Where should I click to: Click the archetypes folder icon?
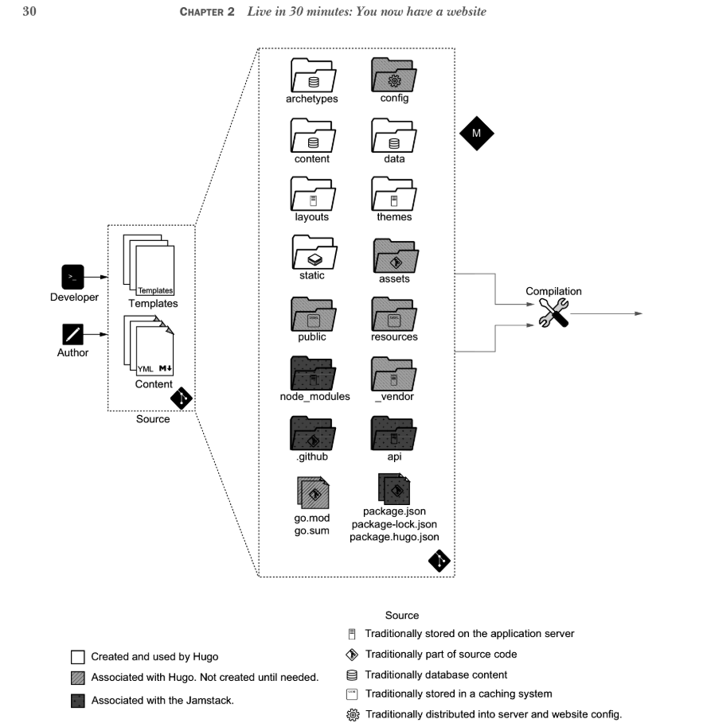click(x=312, y=76)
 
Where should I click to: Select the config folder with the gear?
click(x=393, y=76)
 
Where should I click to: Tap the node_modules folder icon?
click(x=312, y=374)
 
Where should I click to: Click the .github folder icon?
click(x=312, y=433)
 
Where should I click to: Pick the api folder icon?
click(x=393, y=433)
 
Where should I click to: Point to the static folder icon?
click(x=312, y=254)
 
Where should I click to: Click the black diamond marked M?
click(x=476, y=134)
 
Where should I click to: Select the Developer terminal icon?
click(x=72, y=277)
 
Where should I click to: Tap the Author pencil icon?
click(x=72, y=333)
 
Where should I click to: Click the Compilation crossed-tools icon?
click(x=553, y=313)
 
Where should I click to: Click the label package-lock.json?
click(x=394, y=524)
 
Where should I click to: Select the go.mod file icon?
click(x=312, y=492)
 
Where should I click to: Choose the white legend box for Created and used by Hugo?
click(x=78, y=657)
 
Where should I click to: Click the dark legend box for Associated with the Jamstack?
click(x=78, y=701)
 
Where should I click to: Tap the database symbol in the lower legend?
click(x=353, y=674)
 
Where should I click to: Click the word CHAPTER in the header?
click(x=207, y=12)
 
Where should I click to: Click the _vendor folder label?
click(x=394, y=396)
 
